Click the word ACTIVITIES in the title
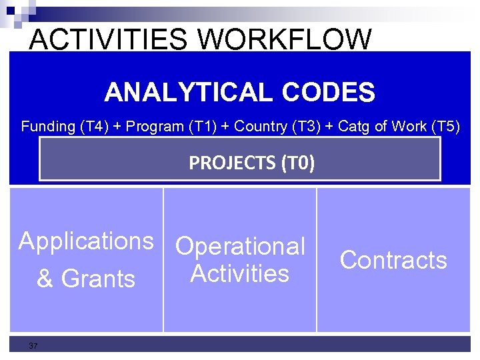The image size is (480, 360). [x=109, y=39]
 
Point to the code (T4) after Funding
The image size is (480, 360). [x=93, y=126]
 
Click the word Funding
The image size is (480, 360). [x=48, y=126]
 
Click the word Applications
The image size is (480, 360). [x=86, y=241]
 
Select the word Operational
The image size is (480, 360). [x=240, y=246]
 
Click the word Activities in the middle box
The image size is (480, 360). [x=240, y=273]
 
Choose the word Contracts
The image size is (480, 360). [x=393, y=260]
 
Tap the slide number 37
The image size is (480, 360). [x=33, y=345]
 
